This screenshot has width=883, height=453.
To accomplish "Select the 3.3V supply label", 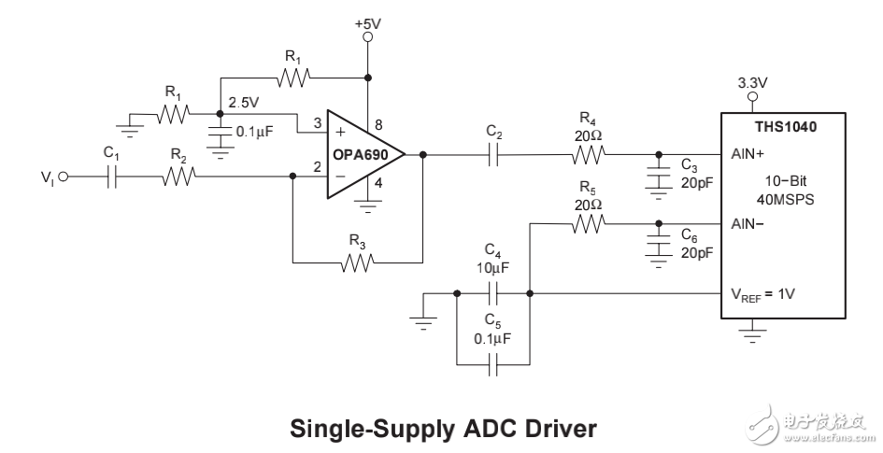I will pyautogui.click(x=752, y=82).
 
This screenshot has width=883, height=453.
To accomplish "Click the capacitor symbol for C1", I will pyautogui.click(x=113, y=176).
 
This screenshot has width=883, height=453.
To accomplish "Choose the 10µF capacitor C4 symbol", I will pyautogui.click(x=494, y=293).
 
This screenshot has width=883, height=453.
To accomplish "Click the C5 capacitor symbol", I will pyautogui.click(x=494, y=363).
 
